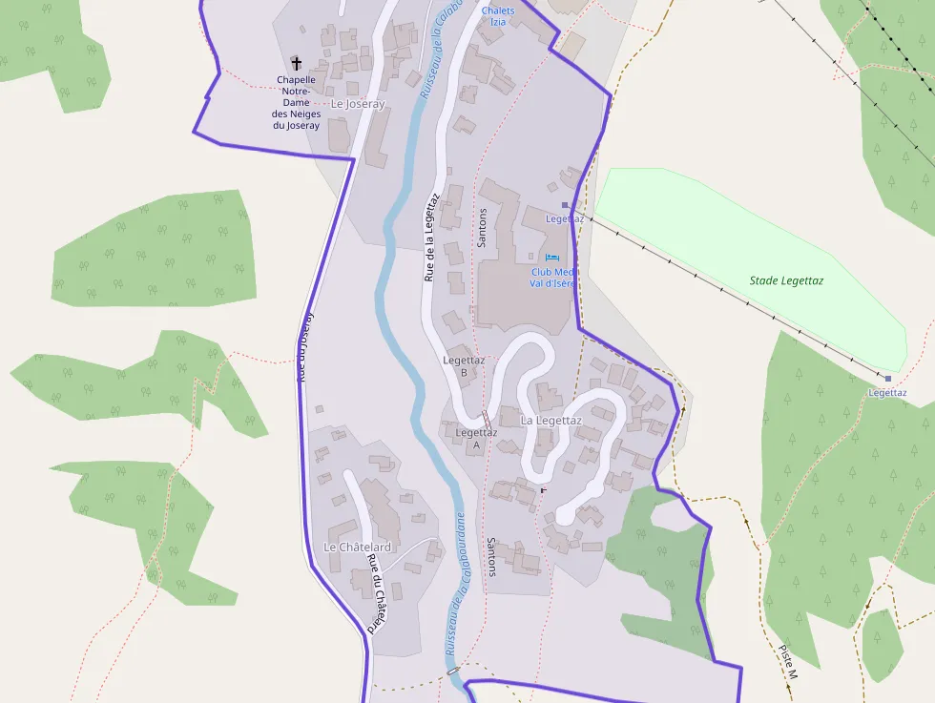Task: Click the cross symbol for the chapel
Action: coord(296,62)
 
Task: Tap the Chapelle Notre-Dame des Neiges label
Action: coord(296,102)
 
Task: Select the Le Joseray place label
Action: coord(357,104)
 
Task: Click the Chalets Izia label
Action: coord(498,15)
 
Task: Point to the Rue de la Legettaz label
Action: coord(430,237)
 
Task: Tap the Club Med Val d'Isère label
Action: coord(552,278)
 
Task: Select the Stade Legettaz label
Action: coord(786,280)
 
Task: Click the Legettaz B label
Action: coord(464,365)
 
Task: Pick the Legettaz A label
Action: coord(476,438)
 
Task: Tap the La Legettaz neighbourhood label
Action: coord(551,420)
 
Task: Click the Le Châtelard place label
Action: coord(357,547)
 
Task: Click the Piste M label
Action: coord(788,661)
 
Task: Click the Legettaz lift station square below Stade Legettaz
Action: coord(888,379)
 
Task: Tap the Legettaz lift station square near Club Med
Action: coord(565,204)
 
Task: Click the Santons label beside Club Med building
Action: coord(482,228)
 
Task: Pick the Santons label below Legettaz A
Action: coord(491,556)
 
